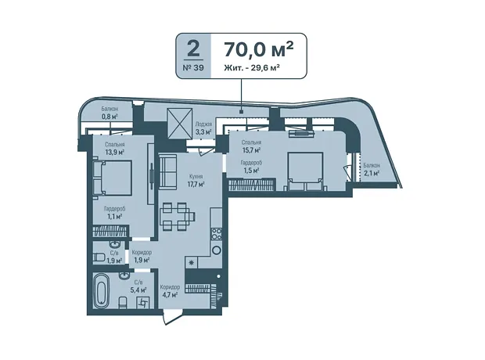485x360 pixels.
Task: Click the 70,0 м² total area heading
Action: pyautogui.click(x=258, y=49)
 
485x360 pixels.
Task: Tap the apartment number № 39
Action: pyautogui.click(x=193, y=67)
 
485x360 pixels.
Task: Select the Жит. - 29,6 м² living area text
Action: pyautogui.click(x=250, y=67)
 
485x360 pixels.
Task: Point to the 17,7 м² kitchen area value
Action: pyautogui.click(x=196, y=184)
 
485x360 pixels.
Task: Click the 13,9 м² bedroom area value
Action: pyautogui.click(x=114, y=152)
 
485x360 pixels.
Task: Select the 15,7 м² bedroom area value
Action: pyautogui.click(x=251, y=149)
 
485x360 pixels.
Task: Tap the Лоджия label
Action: pyautogui.click(x=203, y=124)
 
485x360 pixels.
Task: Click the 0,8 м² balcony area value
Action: pyautogui.click(x=110, y=117)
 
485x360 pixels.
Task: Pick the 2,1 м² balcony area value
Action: pyautogui.click(x=372, y=173)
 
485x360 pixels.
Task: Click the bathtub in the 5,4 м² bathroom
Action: pyautogui.click(x=102, y=290)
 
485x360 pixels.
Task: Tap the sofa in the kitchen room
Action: pyautogui.click(x=167, y=171)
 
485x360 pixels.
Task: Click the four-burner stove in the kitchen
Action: pyautogui.click(x=216, y=234)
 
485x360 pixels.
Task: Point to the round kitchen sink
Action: pyautogui.click(x=216, y=250)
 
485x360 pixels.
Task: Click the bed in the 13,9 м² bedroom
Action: pyautogui.click(x=113, y=178)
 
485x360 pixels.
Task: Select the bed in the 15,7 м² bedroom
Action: pyautogui.click(x=306, y=171)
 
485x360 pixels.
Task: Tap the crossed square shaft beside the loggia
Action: pyautogui.click(x=179, y=123)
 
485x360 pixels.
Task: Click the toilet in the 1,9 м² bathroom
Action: pyautogui.click(x=99, y=257)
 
